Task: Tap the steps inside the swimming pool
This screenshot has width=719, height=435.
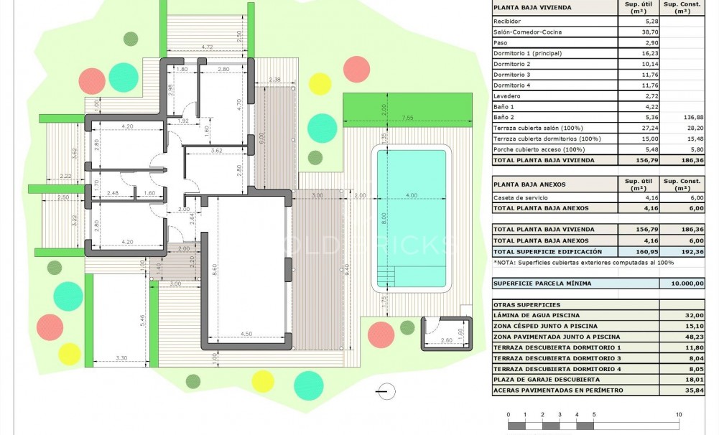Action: coord(386,276)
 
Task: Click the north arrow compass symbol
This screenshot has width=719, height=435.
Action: coord(386,391)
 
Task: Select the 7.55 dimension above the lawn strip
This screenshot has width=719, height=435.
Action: coord(407,118)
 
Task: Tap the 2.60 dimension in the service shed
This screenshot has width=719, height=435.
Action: coord(445,340)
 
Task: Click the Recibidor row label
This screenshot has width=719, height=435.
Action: coord(507,22)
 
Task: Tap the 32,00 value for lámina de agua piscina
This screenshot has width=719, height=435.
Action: coord(693,316)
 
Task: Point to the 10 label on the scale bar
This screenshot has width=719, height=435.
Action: coord(679,415)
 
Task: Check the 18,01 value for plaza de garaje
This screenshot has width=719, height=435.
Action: coord(693,379)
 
